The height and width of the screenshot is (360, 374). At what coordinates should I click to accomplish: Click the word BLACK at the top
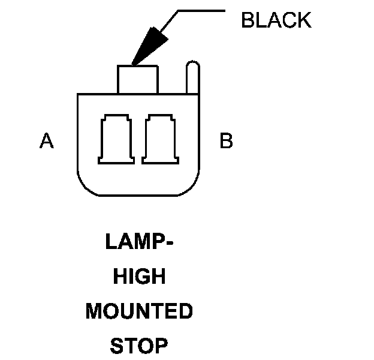[x=276, y=20]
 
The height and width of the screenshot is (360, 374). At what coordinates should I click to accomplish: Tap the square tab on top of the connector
[x=138, y=79]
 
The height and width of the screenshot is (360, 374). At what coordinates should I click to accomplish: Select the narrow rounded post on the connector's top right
[x=191, y=77]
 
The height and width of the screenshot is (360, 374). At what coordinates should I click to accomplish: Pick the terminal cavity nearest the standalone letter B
[x=160, y=139]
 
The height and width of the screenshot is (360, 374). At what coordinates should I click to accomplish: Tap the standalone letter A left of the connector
[x=47, y=142]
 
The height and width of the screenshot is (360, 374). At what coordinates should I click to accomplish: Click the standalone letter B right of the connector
[x=226, y=142]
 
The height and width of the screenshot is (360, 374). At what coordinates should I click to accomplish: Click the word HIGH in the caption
[x=139, y=277]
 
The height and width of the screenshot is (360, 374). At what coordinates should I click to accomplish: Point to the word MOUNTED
[x=139, y=311]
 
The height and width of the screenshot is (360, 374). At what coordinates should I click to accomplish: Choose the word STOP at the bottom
[x=139, y=346]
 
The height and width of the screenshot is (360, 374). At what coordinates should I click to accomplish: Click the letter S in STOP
[x=116, y=346]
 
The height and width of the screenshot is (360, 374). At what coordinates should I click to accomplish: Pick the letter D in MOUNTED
[x=185, y=311]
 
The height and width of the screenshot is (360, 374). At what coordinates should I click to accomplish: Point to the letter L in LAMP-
[x=110, y=242]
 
